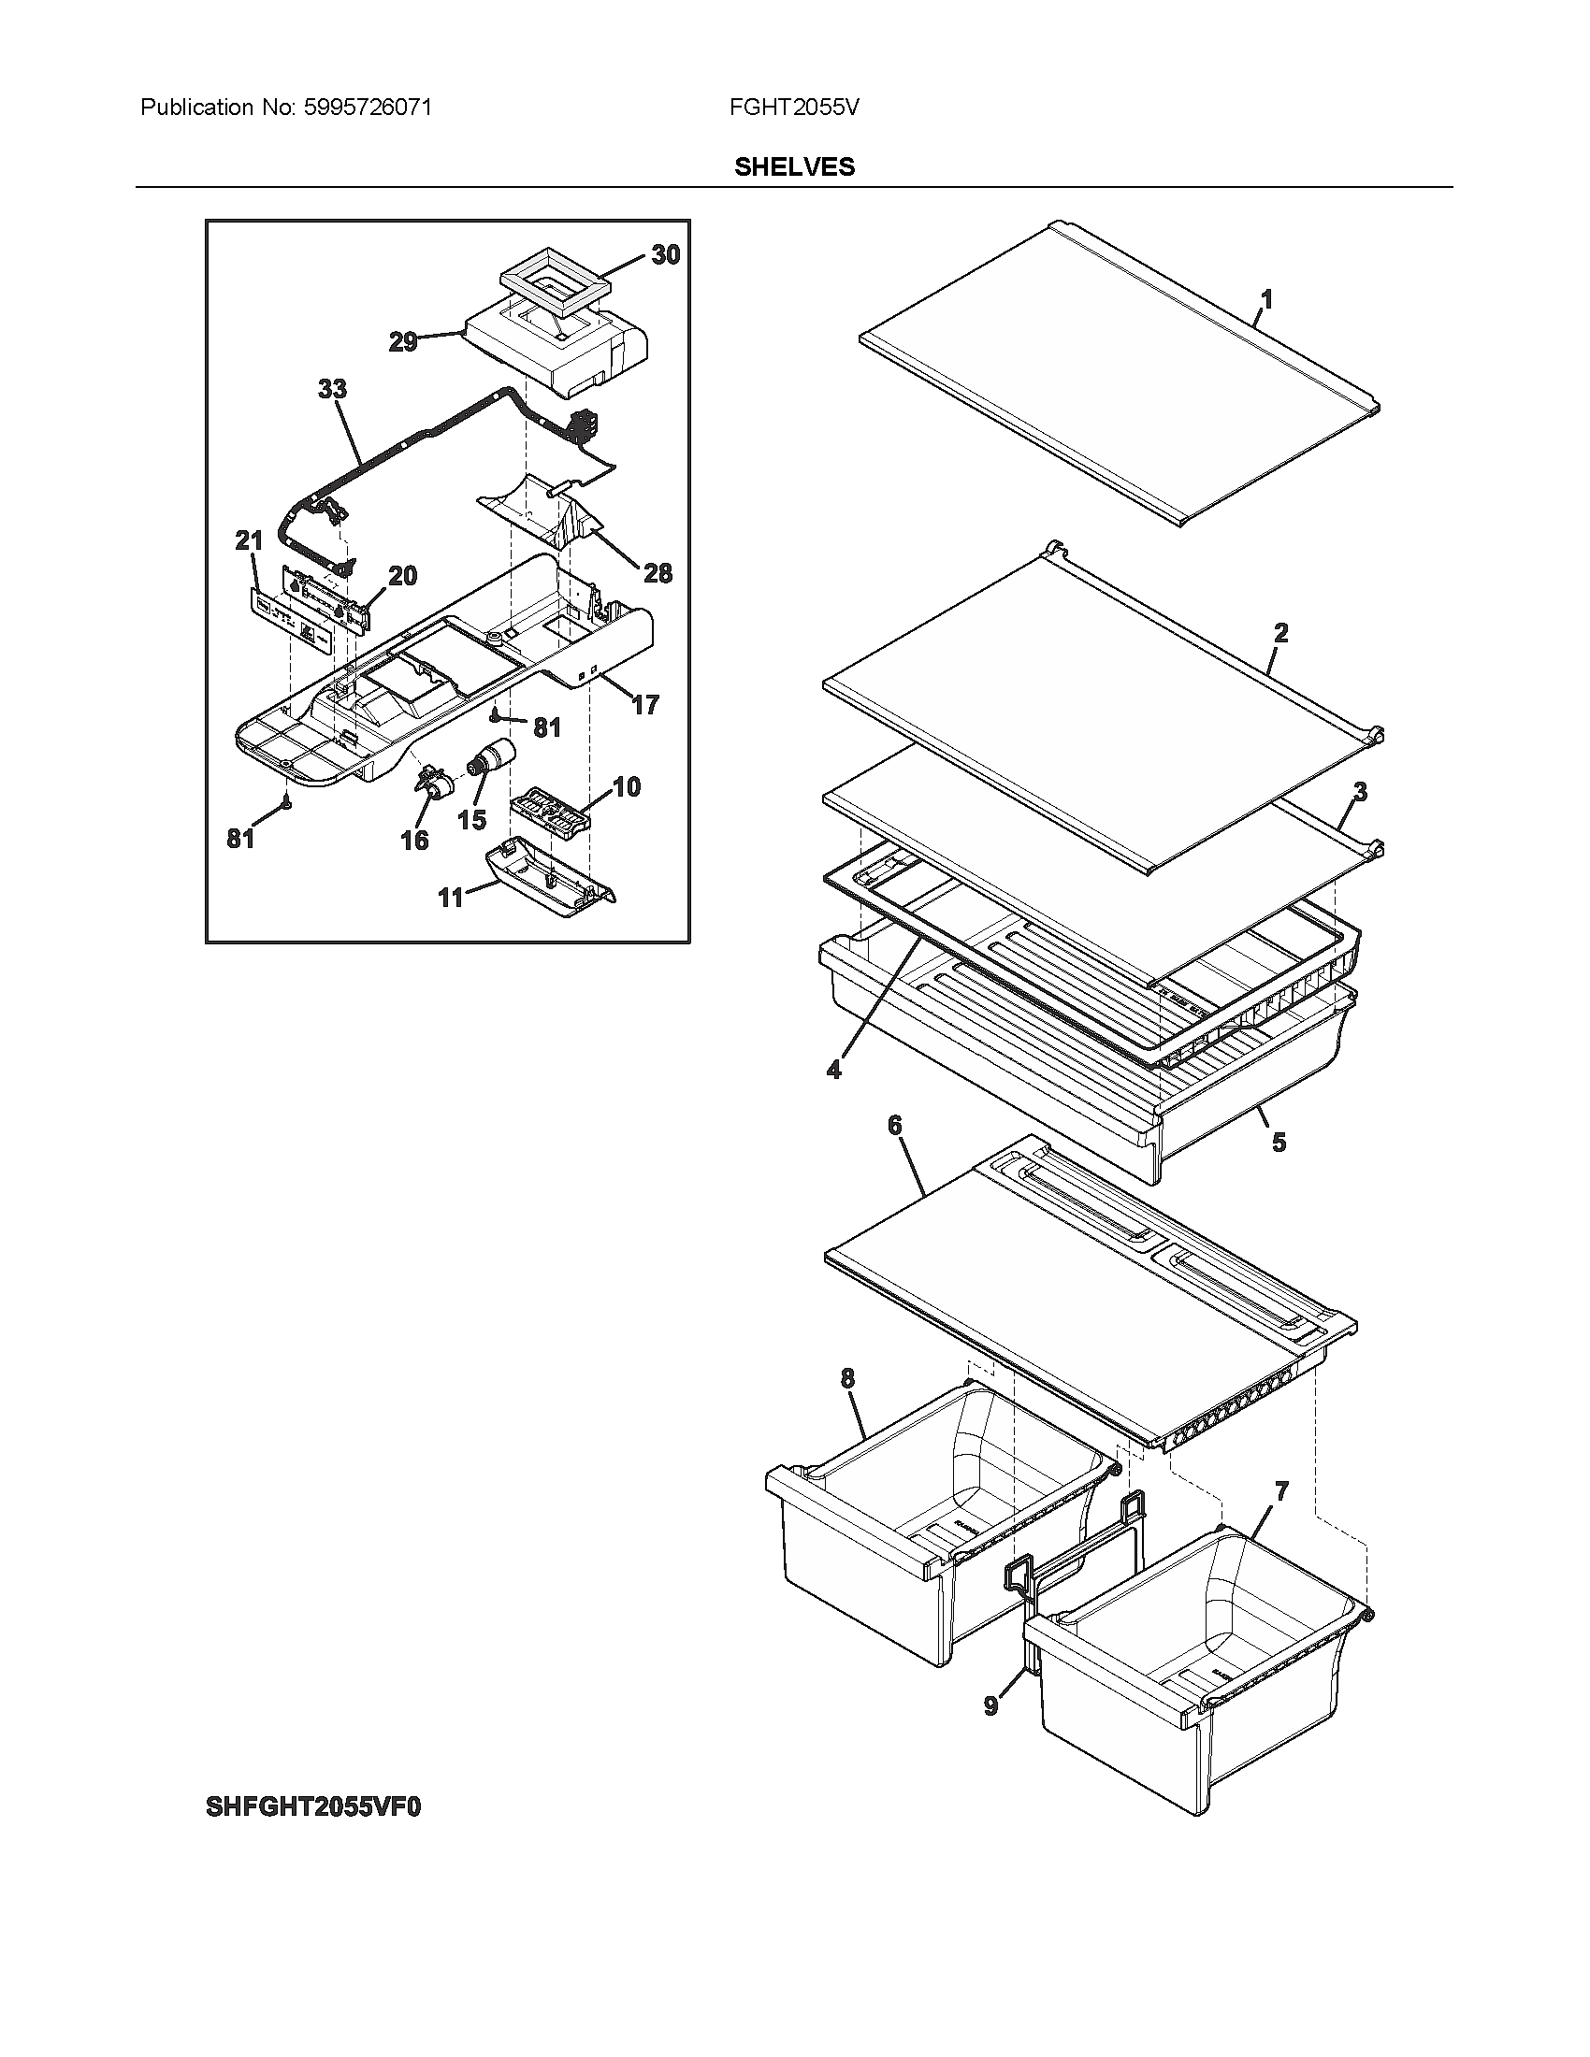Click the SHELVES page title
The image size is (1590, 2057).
pos(794,166)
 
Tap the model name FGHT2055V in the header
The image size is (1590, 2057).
pos(793,108)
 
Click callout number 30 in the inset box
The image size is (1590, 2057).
pos(665,255)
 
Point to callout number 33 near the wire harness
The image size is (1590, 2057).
pos(332,389)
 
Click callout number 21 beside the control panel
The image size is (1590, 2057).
pos(249,540)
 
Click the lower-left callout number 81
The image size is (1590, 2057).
pos(241,838)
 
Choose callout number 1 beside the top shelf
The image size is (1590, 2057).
pos(1267,299)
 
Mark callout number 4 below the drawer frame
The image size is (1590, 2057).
pos(833,1070)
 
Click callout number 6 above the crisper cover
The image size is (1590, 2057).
pos(894,1125)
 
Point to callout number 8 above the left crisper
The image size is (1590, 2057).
pos(847,1379)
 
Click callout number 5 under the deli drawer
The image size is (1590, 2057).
pos(1279,1142)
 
